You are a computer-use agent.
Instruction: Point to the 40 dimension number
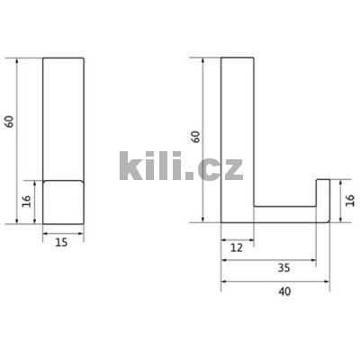click(x=283, y=292)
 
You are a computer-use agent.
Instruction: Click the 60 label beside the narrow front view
click(x=10, y=121)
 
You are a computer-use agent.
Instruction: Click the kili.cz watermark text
click(x=180, y=166)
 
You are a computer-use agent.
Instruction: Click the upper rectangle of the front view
click(x=63, y=117)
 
